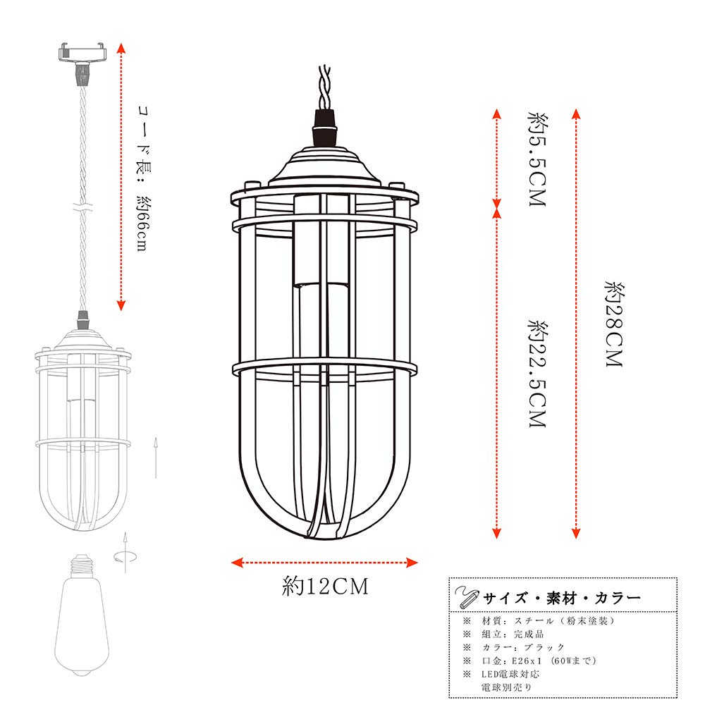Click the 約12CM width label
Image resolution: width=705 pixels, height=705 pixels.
[325, 587]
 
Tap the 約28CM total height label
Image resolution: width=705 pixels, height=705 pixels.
[614, 324]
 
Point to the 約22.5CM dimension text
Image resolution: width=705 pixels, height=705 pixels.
[537, 374]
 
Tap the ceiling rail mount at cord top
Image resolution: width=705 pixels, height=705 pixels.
[82, 52]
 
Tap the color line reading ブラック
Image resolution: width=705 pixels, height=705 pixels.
[525, 647]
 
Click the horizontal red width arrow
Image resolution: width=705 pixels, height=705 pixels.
[325, 563]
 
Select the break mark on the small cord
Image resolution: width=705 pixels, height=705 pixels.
[83, 209]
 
